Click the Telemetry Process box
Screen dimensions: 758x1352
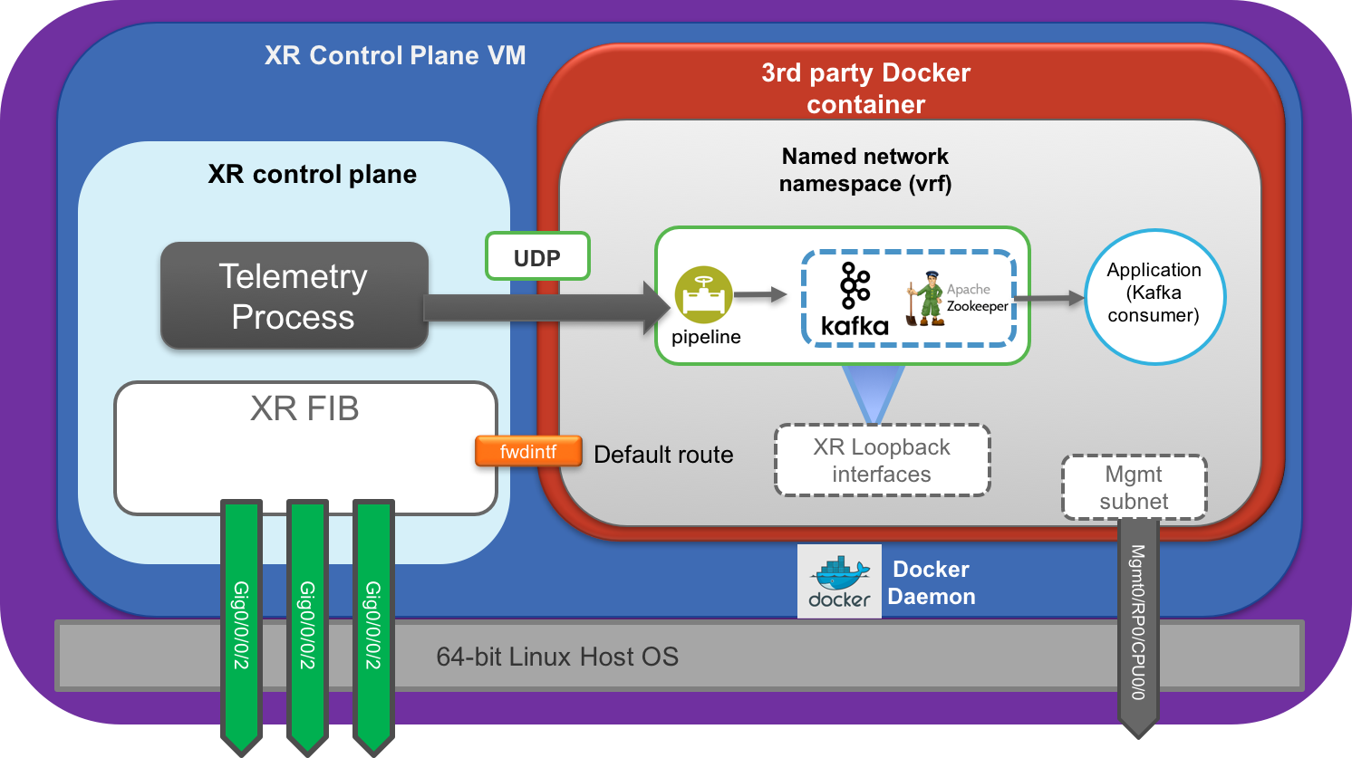click(x=294, y=295)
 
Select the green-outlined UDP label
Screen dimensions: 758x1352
click(x=537, y=256)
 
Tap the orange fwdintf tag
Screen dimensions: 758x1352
click(x=528, y=451)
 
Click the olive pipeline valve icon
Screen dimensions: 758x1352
click(x=703, y=295)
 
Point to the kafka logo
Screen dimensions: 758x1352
click(x=854, y=299)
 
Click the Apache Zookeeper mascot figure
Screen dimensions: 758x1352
click(x=927, y=298)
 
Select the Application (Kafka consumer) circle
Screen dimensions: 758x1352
click(x=1154, y=296)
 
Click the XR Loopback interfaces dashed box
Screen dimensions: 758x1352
click(x=882, y=460)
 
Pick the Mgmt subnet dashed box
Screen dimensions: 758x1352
click(x=1134, y=487)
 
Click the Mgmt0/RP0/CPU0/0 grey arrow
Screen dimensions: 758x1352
click(x=1138, y=625)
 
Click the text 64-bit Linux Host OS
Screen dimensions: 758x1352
click(x=557, y=657)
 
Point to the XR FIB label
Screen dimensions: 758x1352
click(x=304, y=409)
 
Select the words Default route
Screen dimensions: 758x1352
click(x=663, y=455)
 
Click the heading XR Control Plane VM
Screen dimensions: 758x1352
click(x=395, y=56)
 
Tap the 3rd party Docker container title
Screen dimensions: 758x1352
click(x=866, y=88)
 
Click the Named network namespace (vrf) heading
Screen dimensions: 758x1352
click(x=865, y=169)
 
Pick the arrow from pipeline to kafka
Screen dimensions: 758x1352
click(x=759, y=294)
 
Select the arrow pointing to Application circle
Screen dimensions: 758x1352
click(x=1048, y=298)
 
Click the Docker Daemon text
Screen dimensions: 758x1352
click(x=932, y=582)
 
